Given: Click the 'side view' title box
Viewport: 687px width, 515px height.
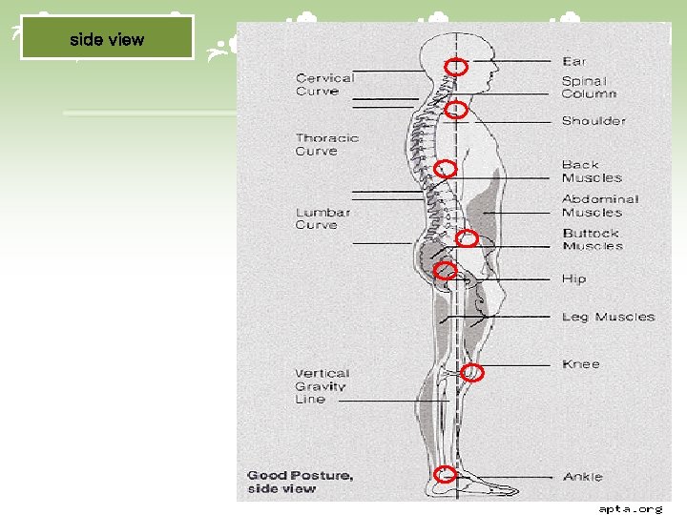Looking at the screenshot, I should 107,39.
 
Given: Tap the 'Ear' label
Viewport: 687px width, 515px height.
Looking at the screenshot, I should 574,62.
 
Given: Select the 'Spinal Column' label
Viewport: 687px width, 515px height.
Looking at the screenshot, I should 589,87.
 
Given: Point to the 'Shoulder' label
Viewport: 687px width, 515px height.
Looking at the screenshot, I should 593,121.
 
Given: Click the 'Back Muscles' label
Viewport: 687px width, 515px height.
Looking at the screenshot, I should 592,172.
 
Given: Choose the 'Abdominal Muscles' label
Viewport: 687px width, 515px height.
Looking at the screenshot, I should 600,206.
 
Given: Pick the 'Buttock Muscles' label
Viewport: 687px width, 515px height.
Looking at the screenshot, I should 593,239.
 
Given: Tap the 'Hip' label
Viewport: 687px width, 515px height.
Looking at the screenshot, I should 573,279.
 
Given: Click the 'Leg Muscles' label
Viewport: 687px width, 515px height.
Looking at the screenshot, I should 608,317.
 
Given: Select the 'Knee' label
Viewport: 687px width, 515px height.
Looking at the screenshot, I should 580,364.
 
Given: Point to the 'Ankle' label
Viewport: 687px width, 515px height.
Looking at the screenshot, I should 582,477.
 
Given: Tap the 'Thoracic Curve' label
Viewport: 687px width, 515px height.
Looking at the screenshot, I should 326,144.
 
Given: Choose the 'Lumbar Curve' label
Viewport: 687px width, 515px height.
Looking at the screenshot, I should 323,218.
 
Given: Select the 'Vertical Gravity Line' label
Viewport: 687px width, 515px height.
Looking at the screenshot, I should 322,386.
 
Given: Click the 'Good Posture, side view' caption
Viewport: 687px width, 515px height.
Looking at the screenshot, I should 300,482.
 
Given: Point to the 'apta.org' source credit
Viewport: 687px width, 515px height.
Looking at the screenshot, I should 630,508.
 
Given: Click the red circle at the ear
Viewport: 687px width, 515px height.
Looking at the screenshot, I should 458,67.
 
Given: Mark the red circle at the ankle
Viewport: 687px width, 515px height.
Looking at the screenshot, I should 445,474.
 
